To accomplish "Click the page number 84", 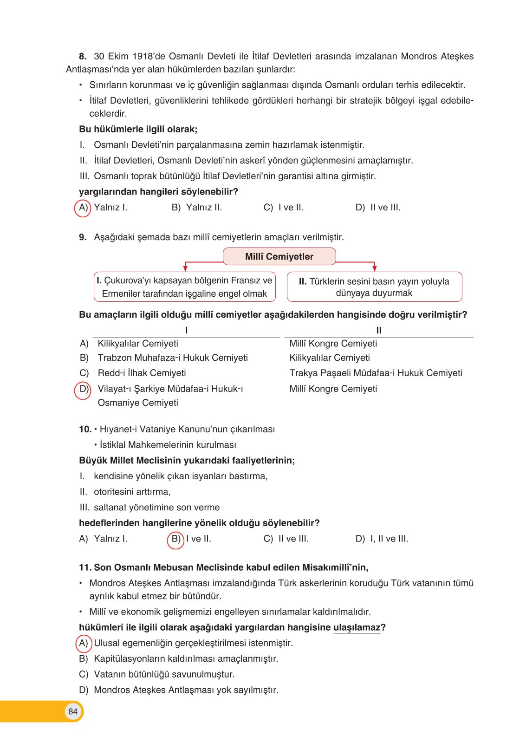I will pyautogui.click(x=73, y=711).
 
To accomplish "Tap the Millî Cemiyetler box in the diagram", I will pyautogui.click(x=279, y=256).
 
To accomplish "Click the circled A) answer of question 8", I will pyautogui.click(x=83, y=208).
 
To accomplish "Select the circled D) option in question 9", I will pyautogui.click(x=84, y=389).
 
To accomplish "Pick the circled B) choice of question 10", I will pyautogui.click(x=176, y=539).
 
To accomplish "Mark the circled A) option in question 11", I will pyautogui.click(x=84, y=643).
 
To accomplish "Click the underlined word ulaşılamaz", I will pyautogui.click(x=357, y=627).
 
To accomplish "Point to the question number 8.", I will pyautogui.click(x=83, y=57).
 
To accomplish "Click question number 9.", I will pyautogui.click(x=83, y=237).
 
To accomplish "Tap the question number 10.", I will pyautogui.click(x=85, y=430).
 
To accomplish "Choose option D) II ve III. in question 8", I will pyautogui.click(x=378, y=208).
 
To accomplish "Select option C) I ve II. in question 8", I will pyautogui.click(x=283, y=208).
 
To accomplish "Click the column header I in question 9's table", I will pyautogui.click(x=186, y=330).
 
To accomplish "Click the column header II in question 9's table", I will pyautogui.click(x=379, y=330).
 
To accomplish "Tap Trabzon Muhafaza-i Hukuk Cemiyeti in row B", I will pyautogui.click(x=173, y=358).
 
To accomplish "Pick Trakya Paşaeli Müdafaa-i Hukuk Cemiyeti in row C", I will pyautogui.click(x=376, y=373).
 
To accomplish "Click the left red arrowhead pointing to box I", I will pyautogui.click(x=186, y=268).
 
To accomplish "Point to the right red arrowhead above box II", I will pyautogui.click(x=374, y=268).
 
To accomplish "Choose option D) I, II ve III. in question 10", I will pyautogui.click(x=382, y=539).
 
